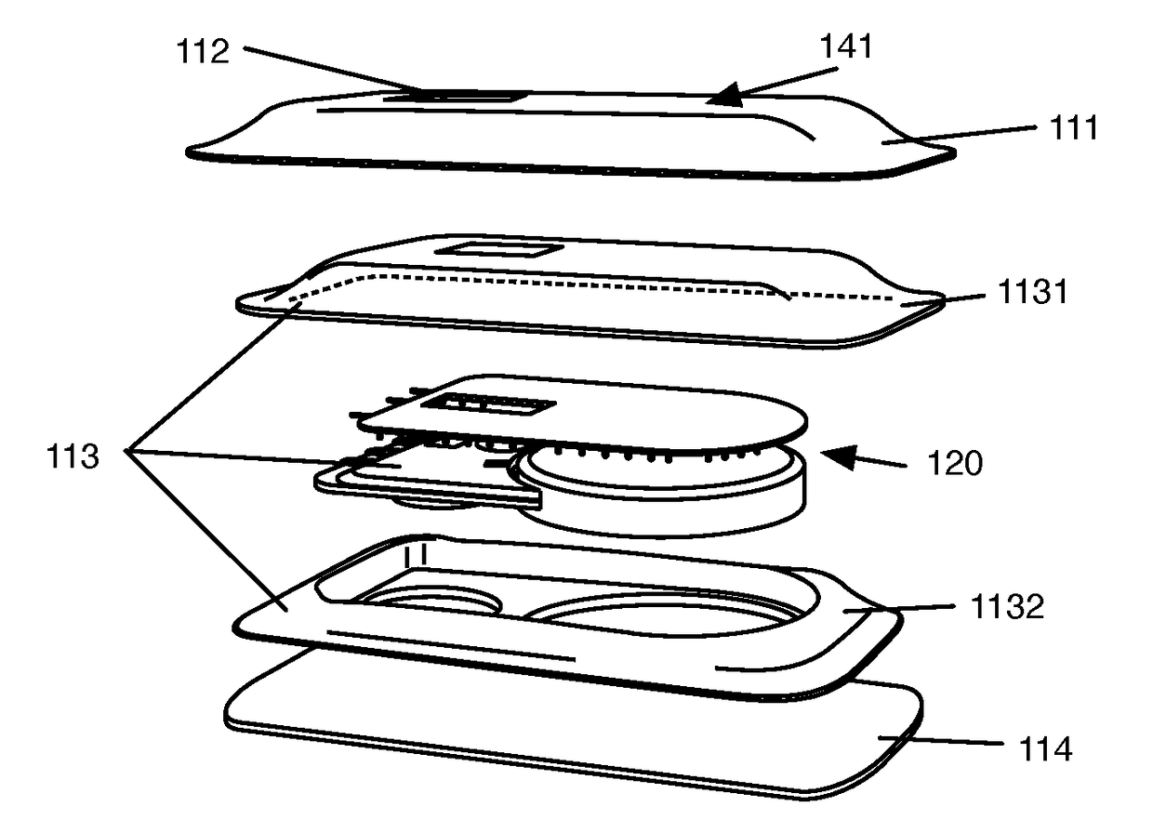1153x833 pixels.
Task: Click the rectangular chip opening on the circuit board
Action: (x=485, y=406)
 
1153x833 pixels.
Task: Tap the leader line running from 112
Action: (x=335, y=72)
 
